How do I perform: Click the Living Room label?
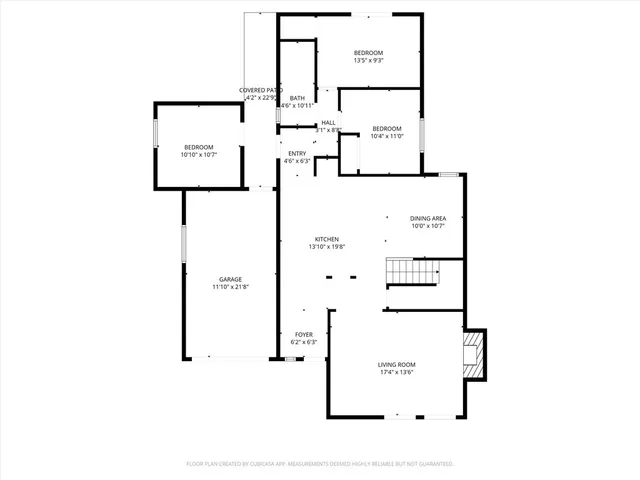tap(397, 365)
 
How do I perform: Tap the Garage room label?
tap(231, 279)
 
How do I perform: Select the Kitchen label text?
tap(327, 239)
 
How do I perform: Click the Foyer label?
tap(303, 334)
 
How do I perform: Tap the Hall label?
tap(328, 123)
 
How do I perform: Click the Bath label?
tap(297, 98)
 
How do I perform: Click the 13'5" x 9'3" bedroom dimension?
tap(368, 60)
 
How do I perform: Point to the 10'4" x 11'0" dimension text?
tap(387, 136)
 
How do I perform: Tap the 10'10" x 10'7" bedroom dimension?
tap(198, 155)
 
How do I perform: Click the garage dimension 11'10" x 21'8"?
tap(231, 287)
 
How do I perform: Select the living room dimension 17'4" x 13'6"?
tap(397, 373)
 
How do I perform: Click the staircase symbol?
tap(412, 271)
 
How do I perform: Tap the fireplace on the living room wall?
tap(476, 354)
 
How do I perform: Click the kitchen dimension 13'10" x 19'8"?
tap(327, 247)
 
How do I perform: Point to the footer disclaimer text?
tap(320, 464)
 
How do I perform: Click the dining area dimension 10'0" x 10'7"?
tap(427, 226)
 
